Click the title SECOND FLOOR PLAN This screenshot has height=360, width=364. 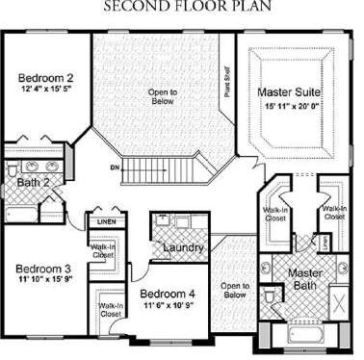pyautogui.click(x=181, y=7)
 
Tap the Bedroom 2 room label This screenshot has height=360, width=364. pyautogui.click(x=45, y=78)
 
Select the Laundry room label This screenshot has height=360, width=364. pyautogui.click(x=182, y=249)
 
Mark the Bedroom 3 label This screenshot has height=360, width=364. pyautogui.click(x=41, y=269)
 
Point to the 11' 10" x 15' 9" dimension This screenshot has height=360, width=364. pyautogui.click(x=45, y=280)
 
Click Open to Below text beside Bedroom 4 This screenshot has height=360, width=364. pyautogui.click(x=232, y=290)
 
